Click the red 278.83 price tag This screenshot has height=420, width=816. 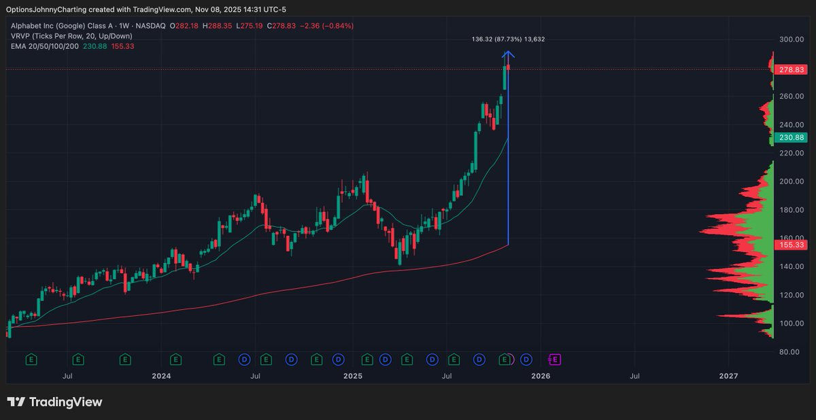(x=791, y=69)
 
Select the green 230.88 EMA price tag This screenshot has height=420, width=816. (x=791, y=137)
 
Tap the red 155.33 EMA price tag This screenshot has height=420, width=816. (x=791, y=245)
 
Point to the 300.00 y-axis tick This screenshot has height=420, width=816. (x=792, y=39)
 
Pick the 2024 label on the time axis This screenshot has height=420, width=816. (x=161, y=376)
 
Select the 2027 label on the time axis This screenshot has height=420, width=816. (x=728, y=376)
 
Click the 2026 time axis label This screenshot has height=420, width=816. (x=541, y=376)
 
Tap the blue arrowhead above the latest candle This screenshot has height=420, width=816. (x=508, y=54)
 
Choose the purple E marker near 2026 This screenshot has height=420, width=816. (x=554, y=360)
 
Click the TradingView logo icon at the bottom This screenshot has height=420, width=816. (x=16, y=402)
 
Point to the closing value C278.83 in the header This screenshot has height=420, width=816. (x=282, y=26)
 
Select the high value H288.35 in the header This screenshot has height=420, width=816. (x=217, y=26)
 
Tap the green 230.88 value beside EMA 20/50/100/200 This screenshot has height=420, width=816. (x=95, y=46)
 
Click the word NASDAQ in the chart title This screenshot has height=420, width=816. (x=150, y=26)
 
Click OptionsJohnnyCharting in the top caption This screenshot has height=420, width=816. (x=46, y=10)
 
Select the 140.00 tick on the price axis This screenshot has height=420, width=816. (x=792, y=267)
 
